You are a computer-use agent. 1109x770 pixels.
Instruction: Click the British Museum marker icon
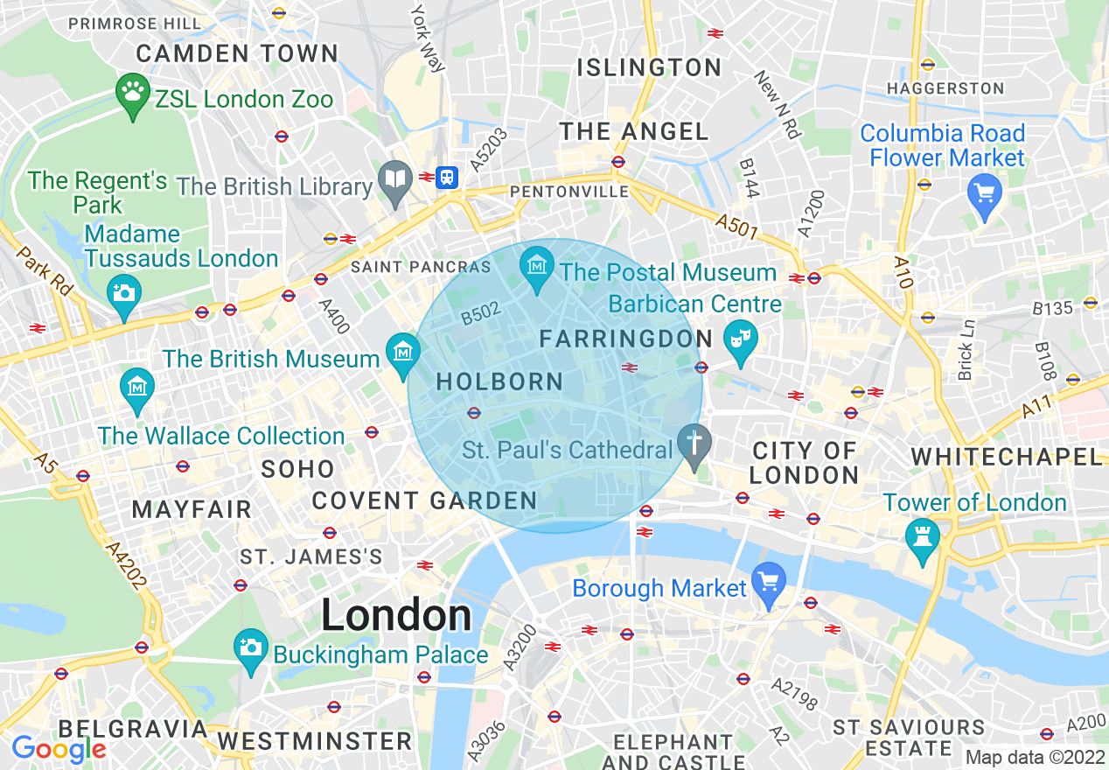click(403, 352)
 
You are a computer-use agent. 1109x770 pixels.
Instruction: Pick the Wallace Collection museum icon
click(136, 387)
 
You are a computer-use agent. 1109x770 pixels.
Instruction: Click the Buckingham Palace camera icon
click(251, 647)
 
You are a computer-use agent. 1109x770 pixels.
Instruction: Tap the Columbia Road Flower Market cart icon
click(985, 189)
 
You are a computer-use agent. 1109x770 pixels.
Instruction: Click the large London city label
click(396, 615)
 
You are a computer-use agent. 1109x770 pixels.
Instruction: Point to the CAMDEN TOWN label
click(237, 53)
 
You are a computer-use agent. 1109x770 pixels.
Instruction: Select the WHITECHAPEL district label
click(1007, 456)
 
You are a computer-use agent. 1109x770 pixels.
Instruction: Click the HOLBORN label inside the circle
click(499, 381)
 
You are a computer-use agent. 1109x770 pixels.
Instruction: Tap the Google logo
click(59, 749)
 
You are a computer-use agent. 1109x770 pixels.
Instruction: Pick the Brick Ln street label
click(966, 348)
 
